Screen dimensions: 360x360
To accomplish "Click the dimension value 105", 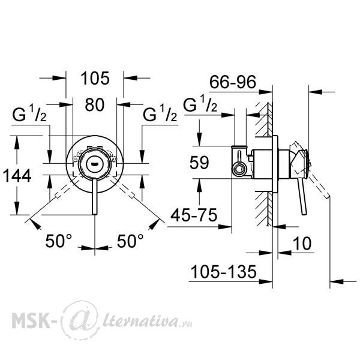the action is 95,78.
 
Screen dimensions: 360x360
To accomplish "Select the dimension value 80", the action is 95,104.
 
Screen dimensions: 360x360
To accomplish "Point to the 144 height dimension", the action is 17,176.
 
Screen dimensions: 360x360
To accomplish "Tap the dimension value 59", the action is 199,163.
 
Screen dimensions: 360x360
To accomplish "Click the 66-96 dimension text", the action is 233,82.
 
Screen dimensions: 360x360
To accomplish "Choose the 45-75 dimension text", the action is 194,215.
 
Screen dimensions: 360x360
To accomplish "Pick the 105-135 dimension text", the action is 224,272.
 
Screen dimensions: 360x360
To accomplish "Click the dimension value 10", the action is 302,244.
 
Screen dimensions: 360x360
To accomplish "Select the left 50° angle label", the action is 59,241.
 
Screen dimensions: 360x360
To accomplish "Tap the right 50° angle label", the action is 130,241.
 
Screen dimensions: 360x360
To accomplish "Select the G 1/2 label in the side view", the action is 200,104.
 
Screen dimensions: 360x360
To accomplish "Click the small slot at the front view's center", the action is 94,164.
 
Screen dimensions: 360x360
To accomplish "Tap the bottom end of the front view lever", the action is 95,214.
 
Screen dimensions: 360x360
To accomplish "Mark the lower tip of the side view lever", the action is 304,214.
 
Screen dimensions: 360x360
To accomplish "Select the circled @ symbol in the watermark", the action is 81,320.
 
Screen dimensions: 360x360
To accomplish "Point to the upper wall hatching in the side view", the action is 264,119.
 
